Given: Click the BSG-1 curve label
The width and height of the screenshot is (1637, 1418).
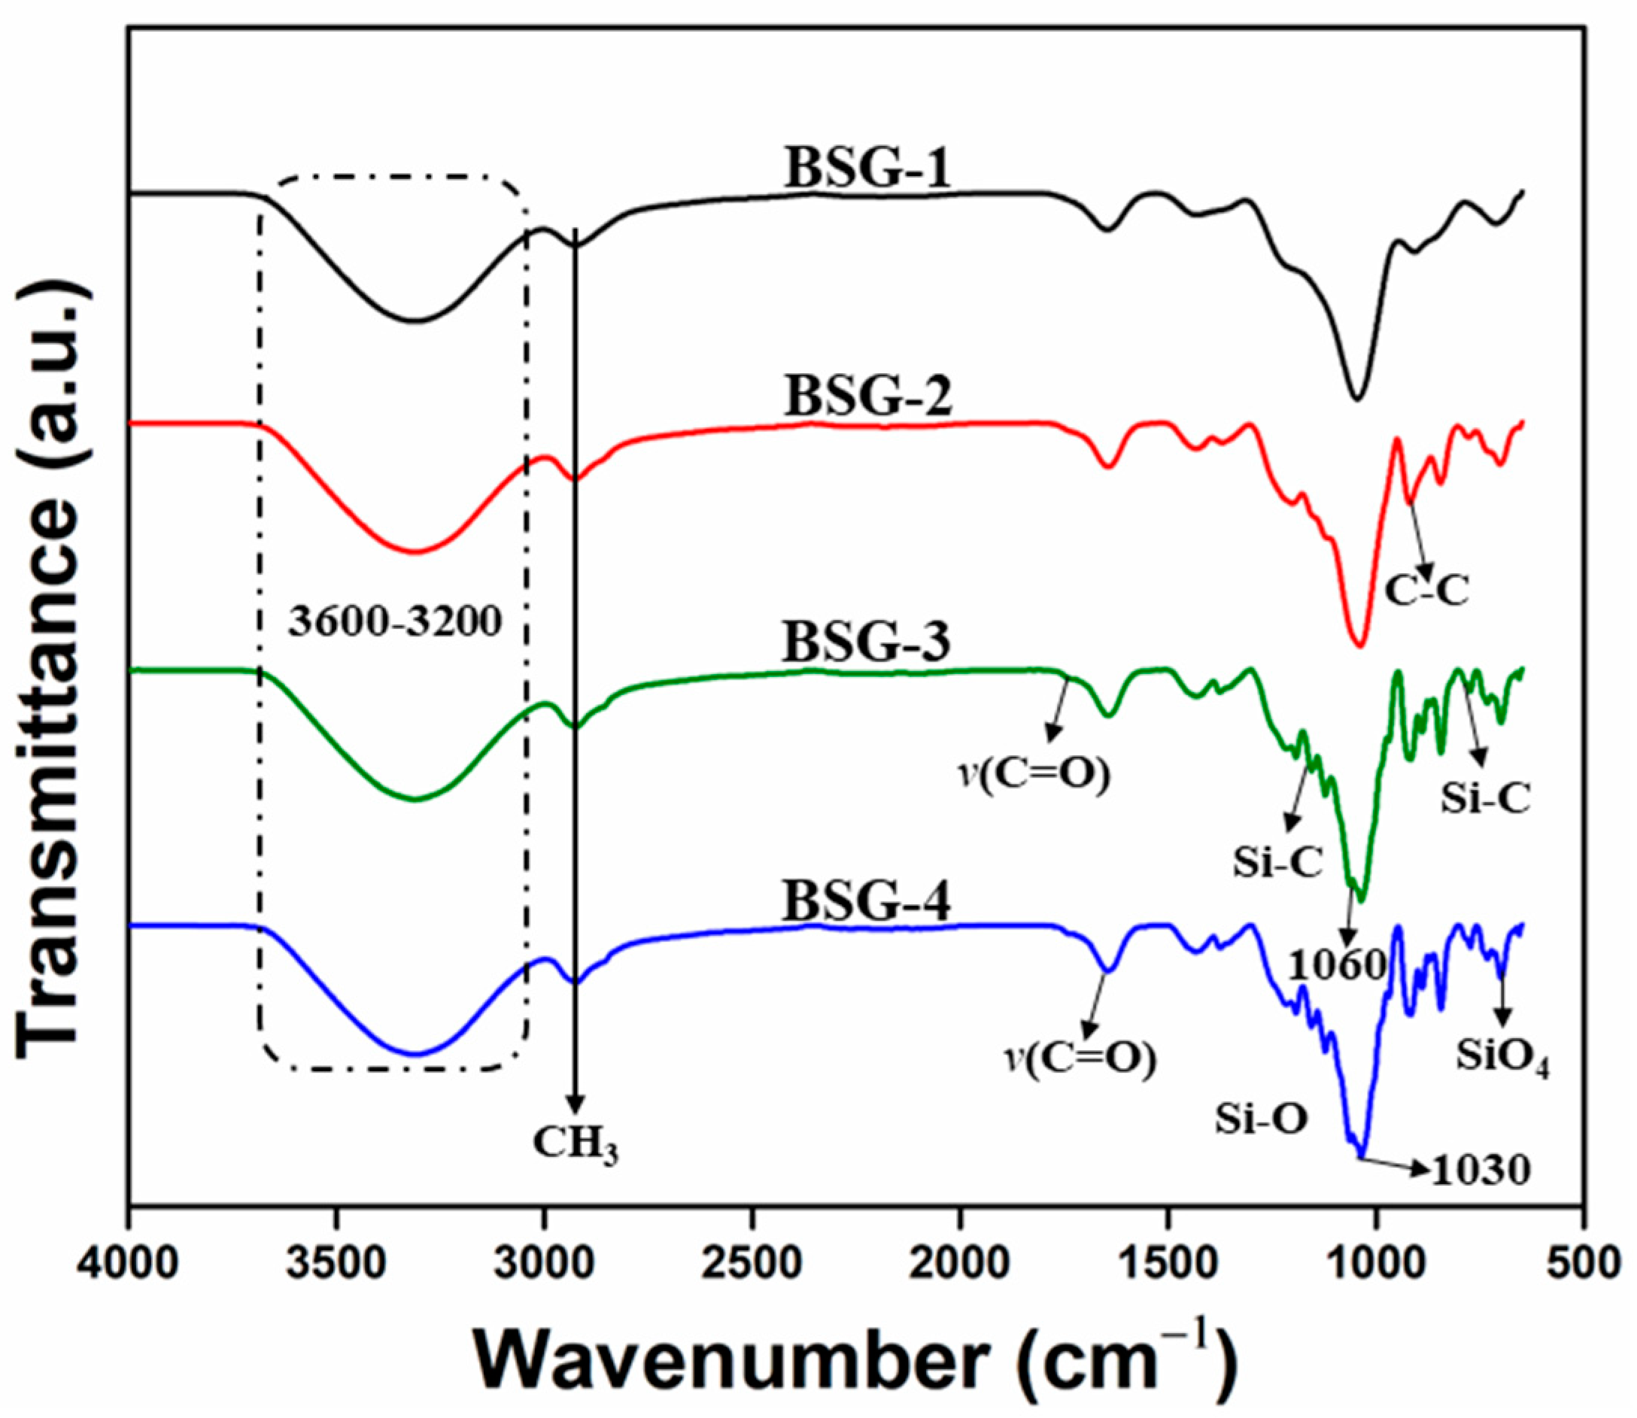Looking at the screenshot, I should pyautogui.click(x=867, y=169).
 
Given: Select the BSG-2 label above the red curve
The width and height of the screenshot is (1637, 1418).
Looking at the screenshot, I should pyautogui.click(x=867, y=397).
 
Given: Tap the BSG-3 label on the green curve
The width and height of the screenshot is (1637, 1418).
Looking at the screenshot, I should pyautogui.click(x=866, y=642).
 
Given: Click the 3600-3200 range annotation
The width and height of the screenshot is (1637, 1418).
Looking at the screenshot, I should pyautogui.click(x=395, y=622).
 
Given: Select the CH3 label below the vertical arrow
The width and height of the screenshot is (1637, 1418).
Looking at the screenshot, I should pyautogui.click(x=576, y=1145).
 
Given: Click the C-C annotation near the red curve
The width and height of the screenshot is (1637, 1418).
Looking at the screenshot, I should pyautogui.click(x=1426, y=591).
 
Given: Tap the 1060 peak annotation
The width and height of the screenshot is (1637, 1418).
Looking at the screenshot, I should pyautogui.click(x=1338, y=964).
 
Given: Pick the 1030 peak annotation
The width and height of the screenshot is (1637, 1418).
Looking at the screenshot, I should pyautogui.click(x=1481, y=1192).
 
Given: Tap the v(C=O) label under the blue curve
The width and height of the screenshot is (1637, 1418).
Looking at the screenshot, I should pyautogui.click(x=1080, y=1058).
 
